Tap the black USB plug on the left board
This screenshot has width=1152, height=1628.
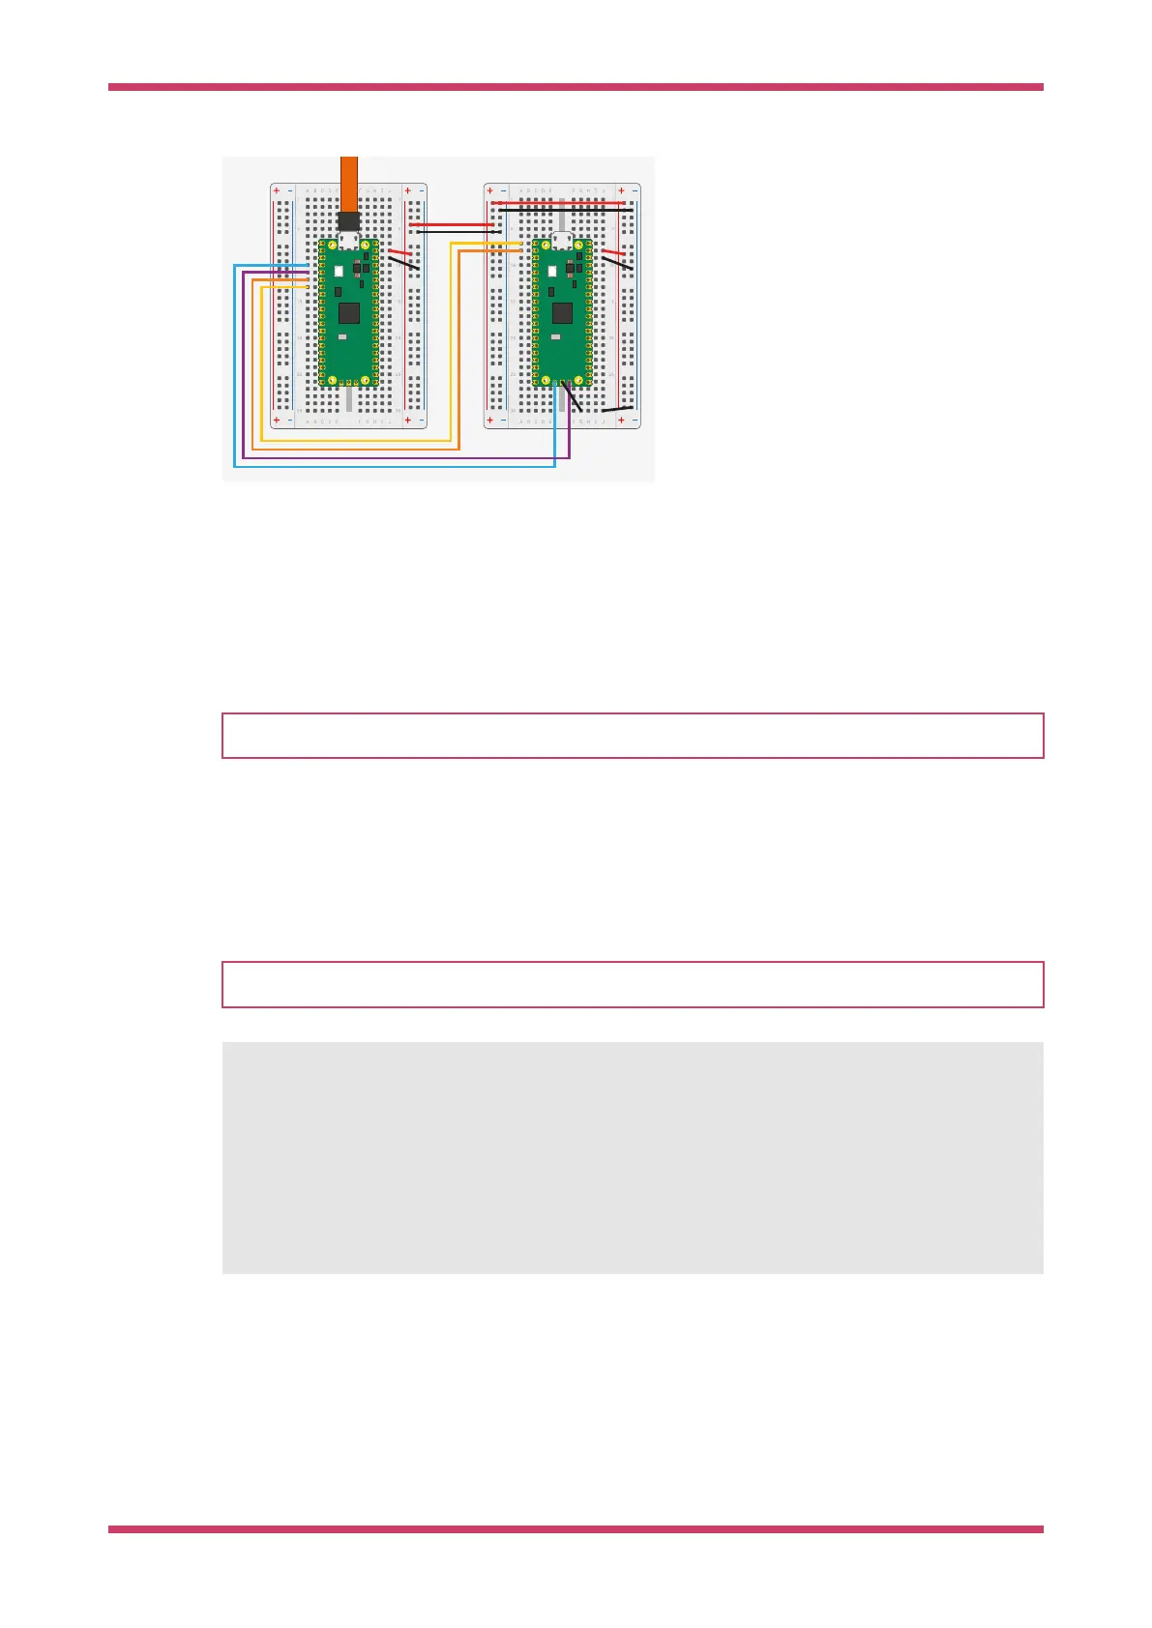point(349,221)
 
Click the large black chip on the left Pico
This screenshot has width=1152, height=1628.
point(349,312)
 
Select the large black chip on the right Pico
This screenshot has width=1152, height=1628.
point(562,312)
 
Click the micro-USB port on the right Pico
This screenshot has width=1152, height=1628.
point(562,241)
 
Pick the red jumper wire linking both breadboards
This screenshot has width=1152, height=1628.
point(453,224)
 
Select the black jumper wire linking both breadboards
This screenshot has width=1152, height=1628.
point(455,232)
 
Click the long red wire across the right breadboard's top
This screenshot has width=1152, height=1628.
point(561,203)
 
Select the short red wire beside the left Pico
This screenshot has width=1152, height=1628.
point(399,251)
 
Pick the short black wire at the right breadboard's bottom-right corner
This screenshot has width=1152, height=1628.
point(618,409)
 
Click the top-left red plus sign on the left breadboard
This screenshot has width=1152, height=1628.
point(277,190)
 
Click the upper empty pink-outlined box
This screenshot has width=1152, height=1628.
point(633,736)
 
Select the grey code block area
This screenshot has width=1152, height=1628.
point(633,1157)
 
